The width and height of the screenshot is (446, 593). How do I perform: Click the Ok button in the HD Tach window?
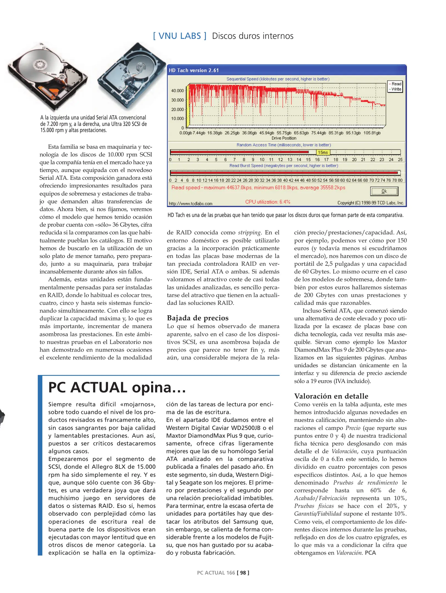click(384, 191)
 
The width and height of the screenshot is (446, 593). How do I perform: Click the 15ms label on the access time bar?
click(323, 152)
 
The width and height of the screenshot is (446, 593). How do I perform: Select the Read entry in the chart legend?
click(396, 84)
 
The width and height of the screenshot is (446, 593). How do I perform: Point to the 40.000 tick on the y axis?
click(178, 91)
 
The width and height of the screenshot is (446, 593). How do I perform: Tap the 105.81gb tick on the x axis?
click(372, 133)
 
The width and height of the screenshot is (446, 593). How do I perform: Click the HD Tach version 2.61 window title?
click(194, 70)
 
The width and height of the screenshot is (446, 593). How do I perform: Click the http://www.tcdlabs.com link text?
click(190, 203)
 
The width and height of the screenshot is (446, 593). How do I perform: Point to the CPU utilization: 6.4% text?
click(268, 202)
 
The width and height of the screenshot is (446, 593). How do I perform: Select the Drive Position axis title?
click(284, 138)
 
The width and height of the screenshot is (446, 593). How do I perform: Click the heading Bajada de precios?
click(198, 318)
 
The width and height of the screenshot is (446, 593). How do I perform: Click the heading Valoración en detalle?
click(331, 396)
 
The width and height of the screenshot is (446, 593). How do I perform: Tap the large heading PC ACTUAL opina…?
click(117, 387)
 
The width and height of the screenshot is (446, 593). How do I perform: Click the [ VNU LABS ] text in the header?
click(180, 36)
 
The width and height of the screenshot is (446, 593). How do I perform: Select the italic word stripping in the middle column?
click(249, 233)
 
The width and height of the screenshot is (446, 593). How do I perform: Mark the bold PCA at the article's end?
click(370, 553)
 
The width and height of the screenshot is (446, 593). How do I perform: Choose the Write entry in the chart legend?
click(396, 89)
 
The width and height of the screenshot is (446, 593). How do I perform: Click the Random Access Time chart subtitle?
click(284, 145)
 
